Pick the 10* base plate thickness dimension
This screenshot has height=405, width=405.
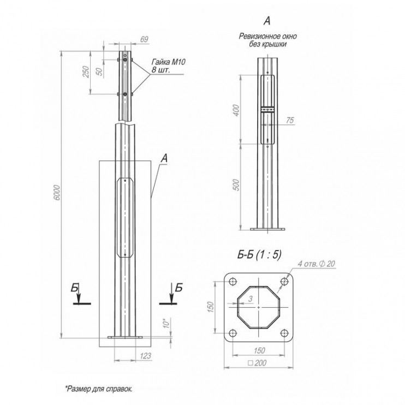coord(165,324)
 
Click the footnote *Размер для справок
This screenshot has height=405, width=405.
coord(99,388)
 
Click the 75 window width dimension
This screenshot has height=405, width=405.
coord(289,120)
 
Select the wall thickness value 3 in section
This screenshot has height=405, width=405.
coord(248,299)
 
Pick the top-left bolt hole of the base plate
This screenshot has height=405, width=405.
coord(233,282)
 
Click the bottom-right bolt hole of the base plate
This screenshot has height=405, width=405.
coord(283,332)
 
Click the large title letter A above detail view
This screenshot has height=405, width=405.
coord(267,21)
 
